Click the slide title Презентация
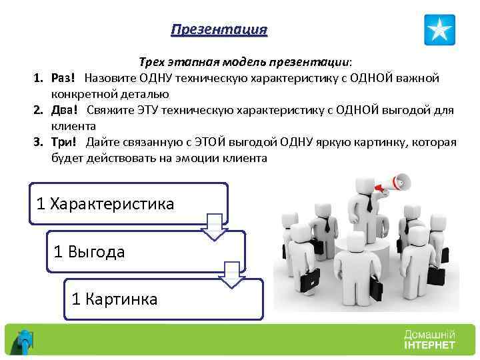click(219, 30)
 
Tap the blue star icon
click(439, 30)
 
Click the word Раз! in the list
click(65, 78)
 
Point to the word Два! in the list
click(65, 110)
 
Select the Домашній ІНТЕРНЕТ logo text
click(429, 339)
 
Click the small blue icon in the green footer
click(26, 341)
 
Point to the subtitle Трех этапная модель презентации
click(245, 62)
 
